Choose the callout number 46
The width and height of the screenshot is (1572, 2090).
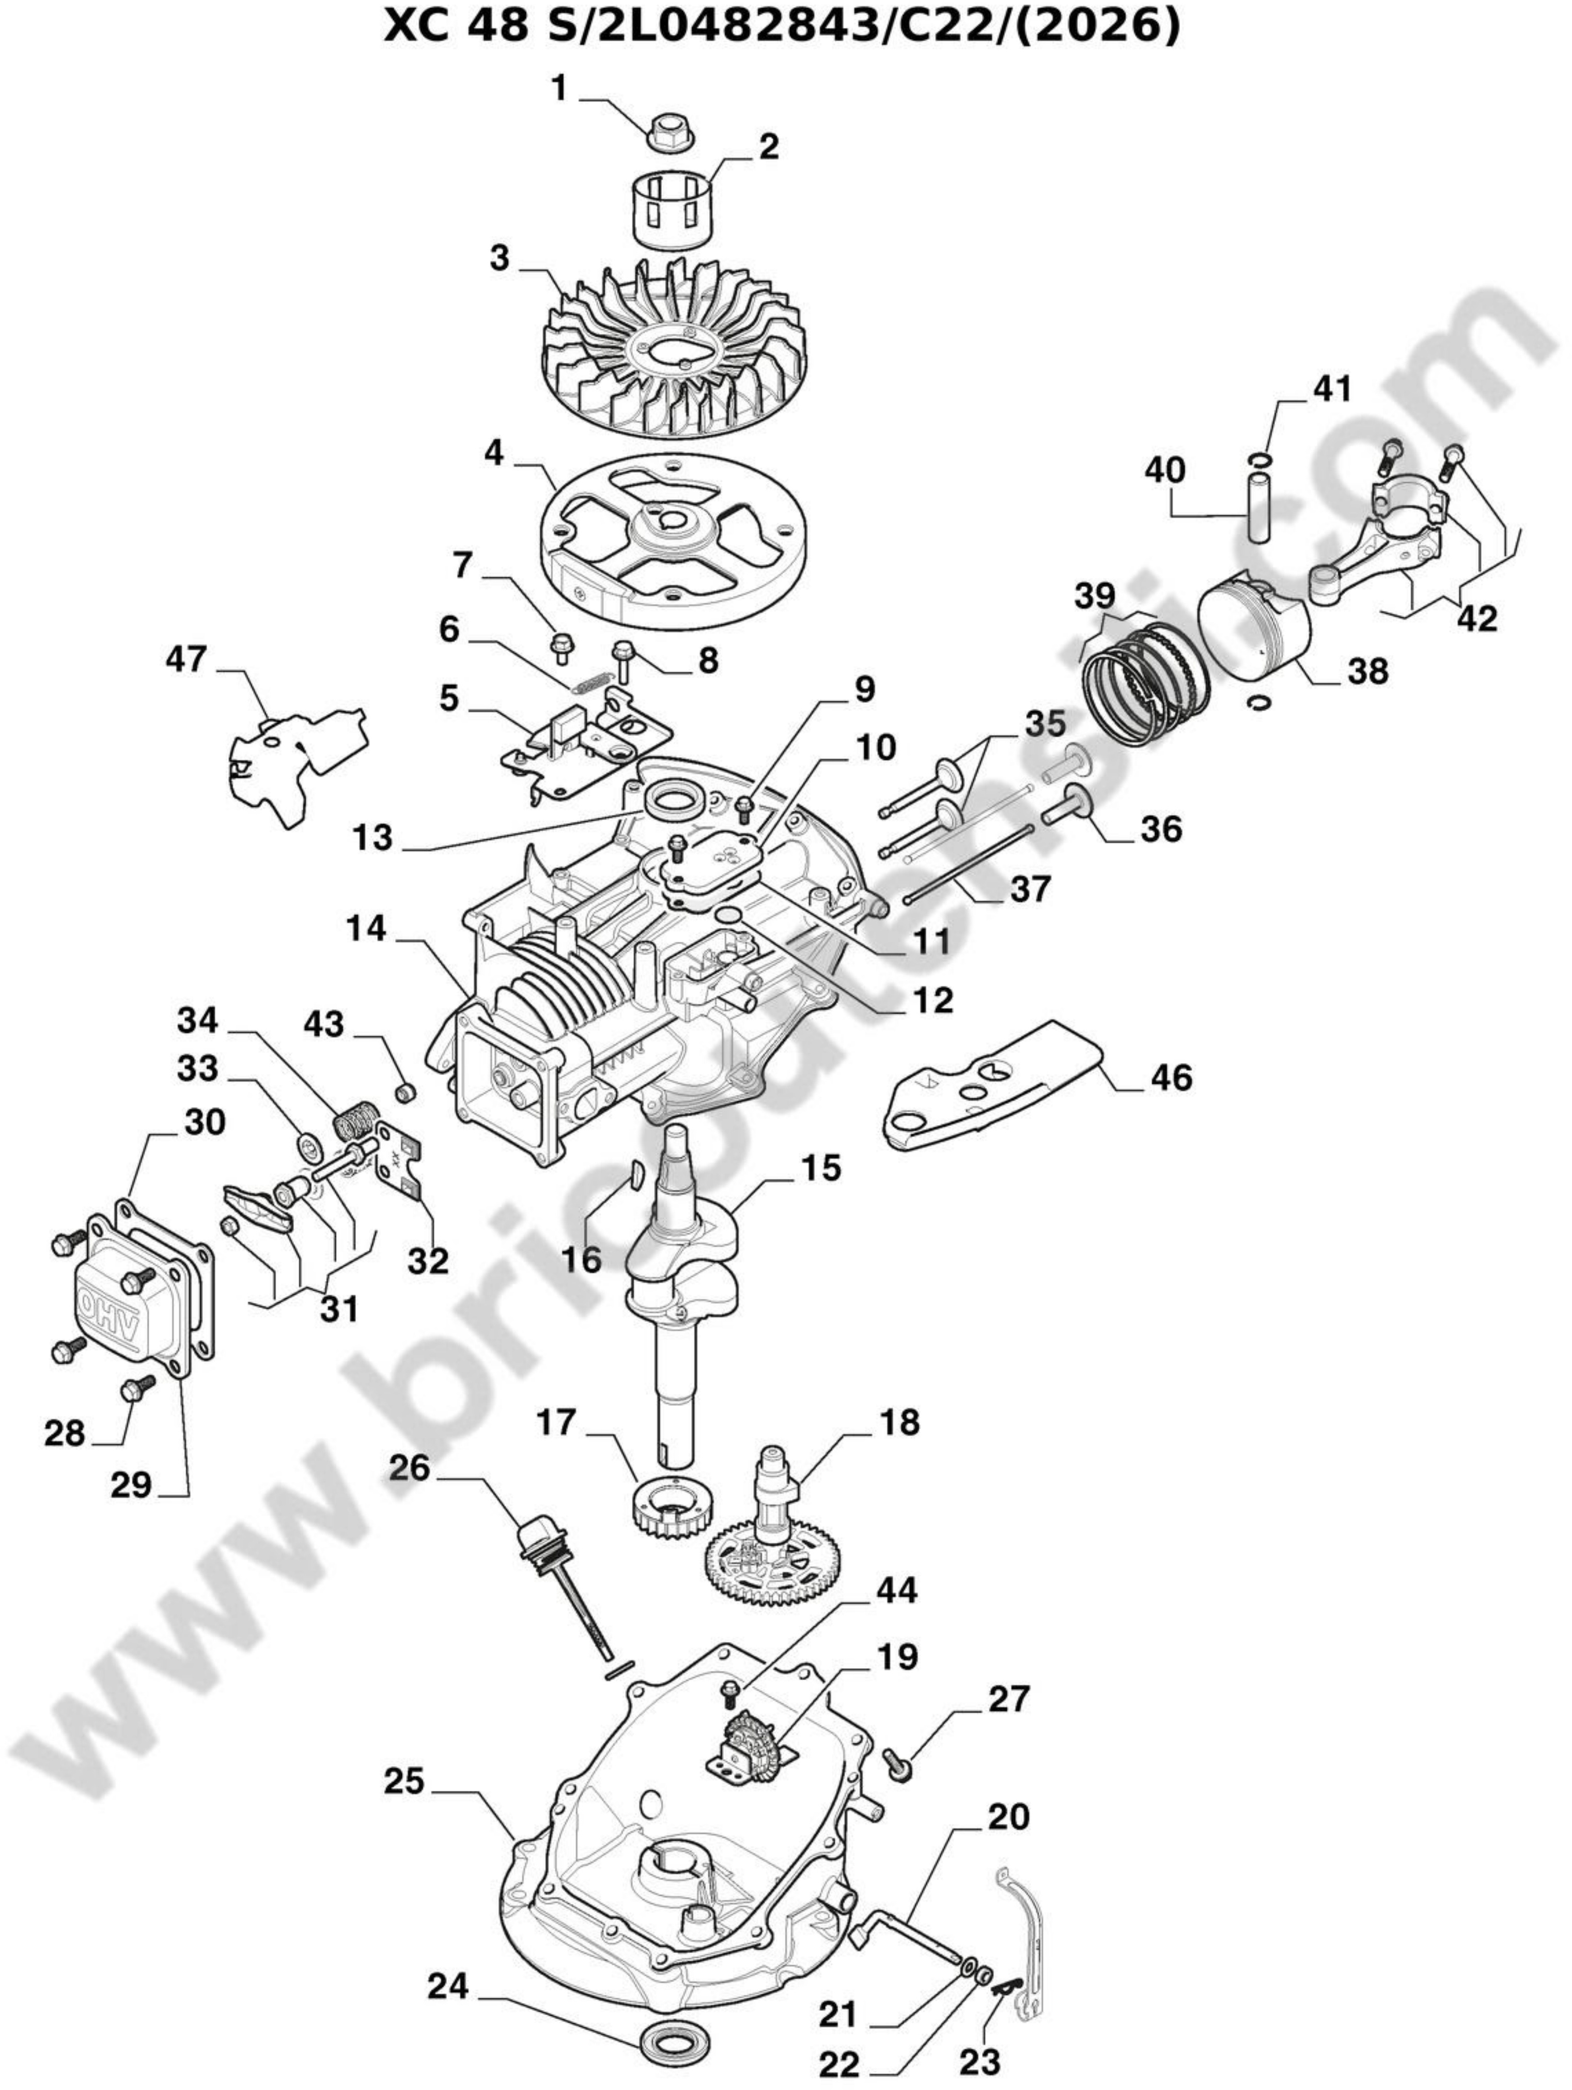[1172, 1077]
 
